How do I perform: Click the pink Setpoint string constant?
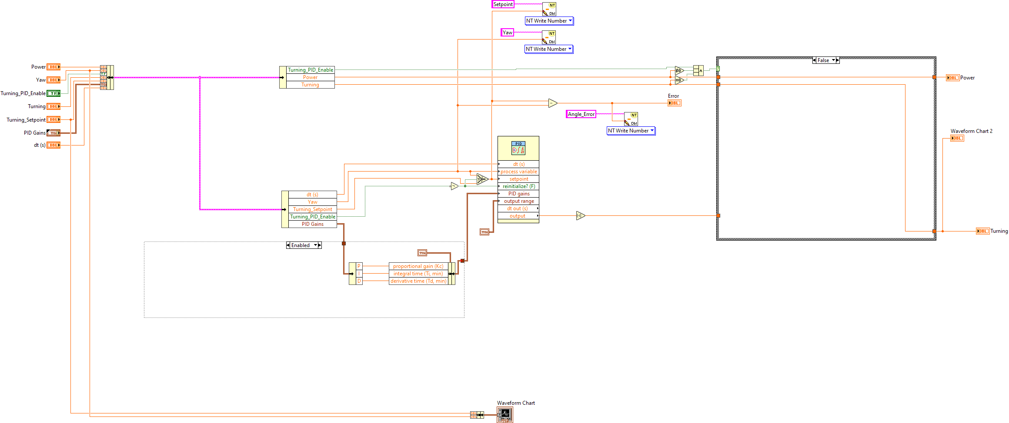pos(503,4)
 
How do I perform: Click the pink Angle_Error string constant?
pos(581,114)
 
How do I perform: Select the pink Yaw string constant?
pos(507,33)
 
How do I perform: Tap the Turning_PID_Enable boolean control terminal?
pos(53,93)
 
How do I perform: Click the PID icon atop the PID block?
pos(518,149)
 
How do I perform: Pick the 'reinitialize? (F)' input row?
pos(518,186)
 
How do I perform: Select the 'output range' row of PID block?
pos(518,201)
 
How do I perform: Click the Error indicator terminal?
pos(674,103)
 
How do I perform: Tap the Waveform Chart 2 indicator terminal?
pos(957,138)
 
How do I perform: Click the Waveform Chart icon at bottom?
pos(505,415)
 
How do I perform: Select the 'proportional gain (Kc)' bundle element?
pos(418,266)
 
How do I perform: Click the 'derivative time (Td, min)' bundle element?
pos(418,281)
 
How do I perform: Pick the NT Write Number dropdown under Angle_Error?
pos(631,131)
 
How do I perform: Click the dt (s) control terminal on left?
pos(53,145)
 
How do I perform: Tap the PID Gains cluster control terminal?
pos(53,133)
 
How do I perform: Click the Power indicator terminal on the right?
pos(952,78)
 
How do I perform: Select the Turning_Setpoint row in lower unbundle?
pos(312,209)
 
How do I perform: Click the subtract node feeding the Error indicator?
pos(552,103)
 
